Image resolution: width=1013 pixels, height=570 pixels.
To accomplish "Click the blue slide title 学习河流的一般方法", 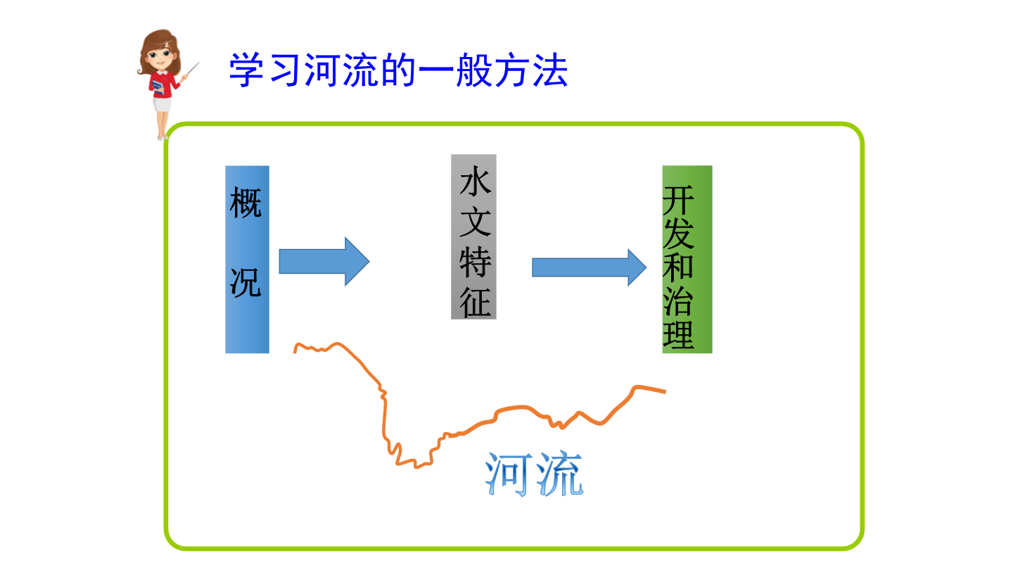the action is click(398, 70).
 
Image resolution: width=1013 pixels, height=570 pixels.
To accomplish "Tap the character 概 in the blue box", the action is click(246, 203).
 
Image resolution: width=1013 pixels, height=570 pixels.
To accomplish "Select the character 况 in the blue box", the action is click(246, 282).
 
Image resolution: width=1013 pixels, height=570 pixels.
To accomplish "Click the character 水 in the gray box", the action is click(476, 181).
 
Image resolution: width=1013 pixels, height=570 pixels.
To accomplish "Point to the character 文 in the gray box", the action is click(476, 221).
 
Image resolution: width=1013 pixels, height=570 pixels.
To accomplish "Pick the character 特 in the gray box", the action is click(476, 262).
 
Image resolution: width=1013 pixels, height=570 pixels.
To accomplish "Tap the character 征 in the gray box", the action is click(476, 302).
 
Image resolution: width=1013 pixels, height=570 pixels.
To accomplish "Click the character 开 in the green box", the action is click(678, 200).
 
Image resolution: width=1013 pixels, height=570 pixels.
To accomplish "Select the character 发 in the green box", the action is click(678, 234).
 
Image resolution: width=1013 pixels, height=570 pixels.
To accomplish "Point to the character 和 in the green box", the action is click(678, 267).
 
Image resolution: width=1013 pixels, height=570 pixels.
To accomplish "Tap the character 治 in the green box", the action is click(678, 301).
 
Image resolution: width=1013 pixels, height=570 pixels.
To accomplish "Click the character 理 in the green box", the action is click(678, 335).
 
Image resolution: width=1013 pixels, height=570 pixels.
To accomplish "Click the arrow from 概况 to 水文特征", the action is click(324, 262).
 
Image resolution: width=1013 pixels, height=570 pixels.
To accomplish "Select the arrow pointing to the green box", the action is click(590, 267).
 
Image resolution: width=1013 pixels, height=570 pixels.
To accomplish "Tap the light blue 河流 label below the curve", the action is click(534, 474).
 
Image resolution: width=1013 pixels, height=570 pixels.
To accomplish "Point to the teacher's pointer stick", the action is click(193, 69).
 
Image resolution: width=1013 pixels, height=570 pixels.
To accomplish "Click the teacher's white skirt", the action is click(163, 104).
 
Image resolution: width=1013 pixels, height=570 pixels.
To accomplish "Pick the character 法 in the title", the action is click(550, 70).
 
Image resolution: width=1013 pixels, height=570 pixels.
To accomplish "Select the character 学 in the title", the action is click(246, 70).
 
